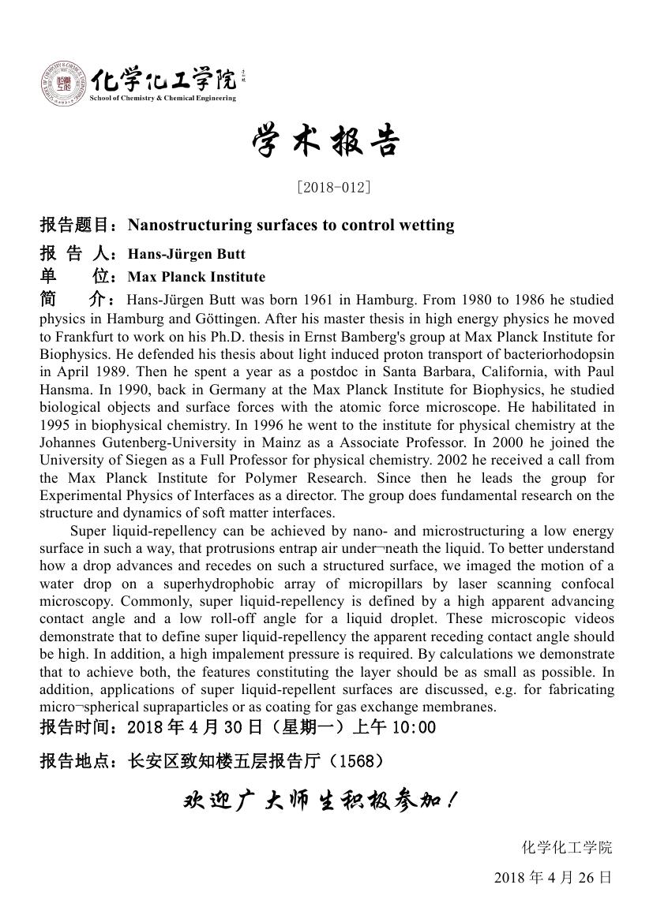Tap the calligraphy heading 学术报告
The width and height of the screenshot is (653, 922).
pos(326,143)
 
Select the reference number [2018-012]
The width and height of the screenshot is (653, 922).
pos(333,187)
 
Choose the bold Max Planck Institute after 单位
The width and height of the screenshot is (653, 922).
pos(197,277)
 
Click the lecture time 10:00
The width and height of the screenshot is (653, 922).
pos(413,727)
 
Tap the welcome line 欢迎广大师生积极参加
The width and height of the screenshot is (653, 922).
pos(319,802)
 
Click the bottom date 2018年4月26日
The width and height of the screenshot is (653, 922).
pos(553,877)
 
